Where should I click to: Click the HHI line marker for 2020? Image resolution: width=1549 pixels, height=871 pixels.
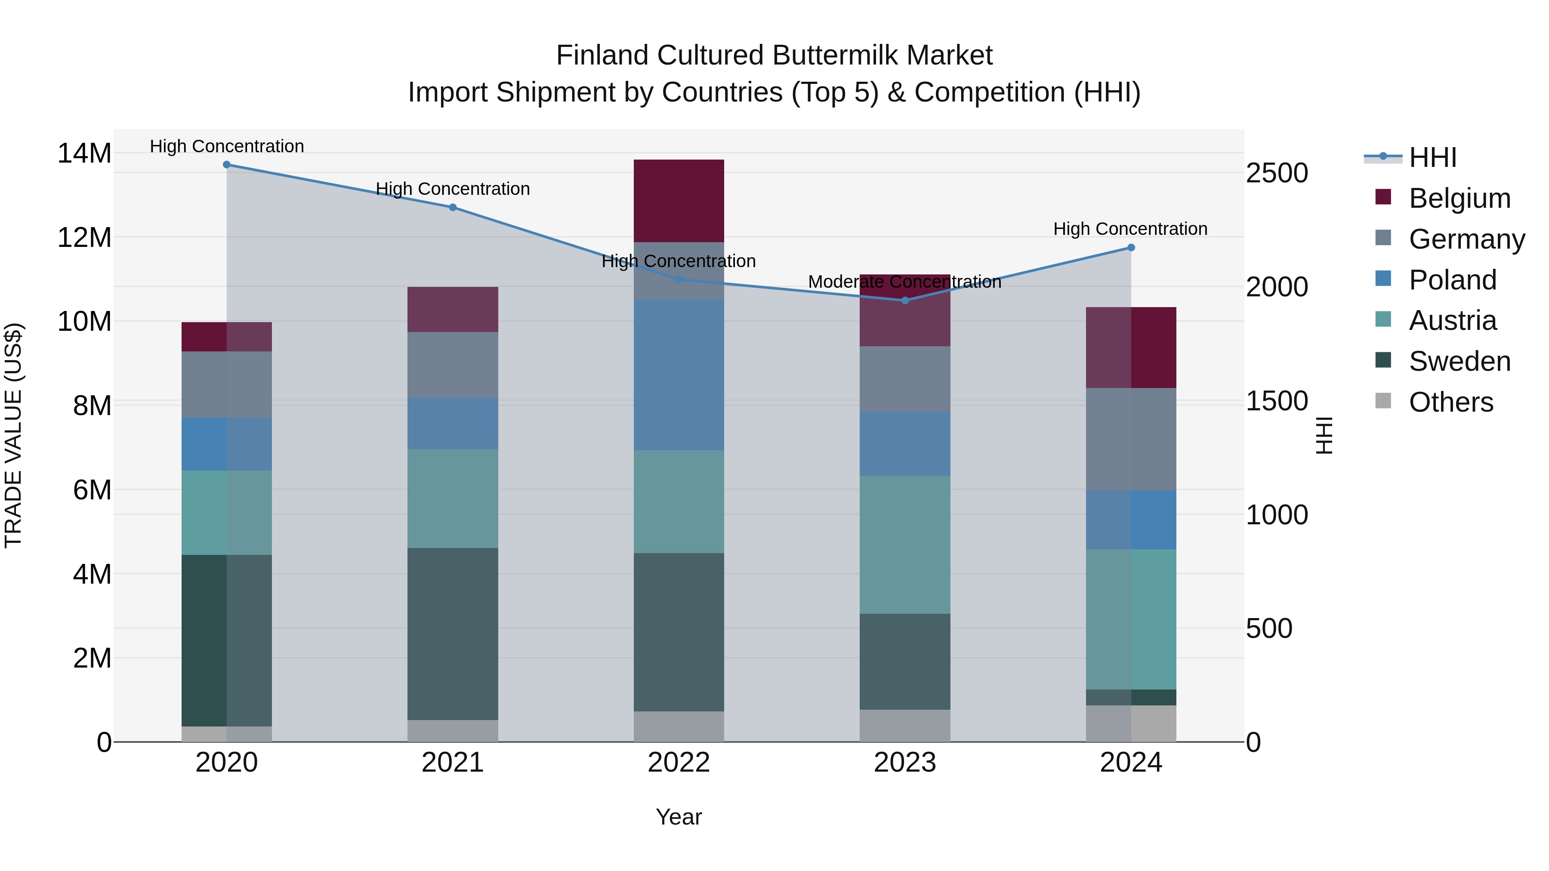tap(227, 165)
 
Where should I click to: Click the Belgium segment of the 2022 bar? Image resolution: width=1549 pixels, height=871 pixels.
tap(679, 201)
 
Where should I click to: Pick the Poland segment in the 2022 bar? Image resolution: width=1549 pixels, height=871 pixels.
tap(679, 375)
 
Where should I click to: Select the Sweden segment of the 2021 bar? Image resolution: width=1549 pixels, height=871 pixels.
tap(453, 634)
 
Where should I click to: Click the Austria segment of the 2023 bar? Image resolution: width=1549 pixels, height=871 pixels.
tap(905, 545)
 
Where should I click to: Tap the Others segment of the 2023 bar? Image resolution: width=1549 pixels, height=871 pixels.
tap(905, 726)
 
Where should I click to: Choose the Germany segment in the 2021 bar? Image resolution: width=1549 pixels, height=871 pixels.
tap(453, 365)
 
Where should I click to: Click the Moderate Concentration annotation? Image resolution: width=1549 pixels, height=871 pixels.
tap(904, 282)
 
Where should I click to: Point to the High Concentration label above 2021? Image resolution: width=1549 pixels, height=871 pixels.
tap(453, 189)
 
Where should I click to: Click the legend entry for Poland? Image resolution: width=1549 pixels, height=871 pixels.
tap(1452, 280)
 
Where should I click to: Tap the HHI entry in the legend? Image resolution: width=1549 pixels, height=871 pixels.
tap(1432, 157)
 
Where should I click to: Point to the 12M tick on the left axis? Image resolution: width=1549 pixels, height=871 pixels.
tap(84, 237)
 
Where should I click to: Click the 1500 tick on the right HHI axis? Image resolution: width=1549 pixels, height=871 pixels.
tap(1277, 401)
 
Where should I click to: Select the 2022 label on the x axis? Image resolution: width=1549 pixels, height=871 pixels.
tap(679, 763)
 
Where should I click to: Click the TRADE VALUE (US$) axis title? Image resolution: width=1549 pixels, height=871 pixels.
tap(13, 435)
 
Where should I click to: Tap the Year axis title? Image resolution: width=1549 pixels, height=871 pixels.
tap(679, 817)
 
